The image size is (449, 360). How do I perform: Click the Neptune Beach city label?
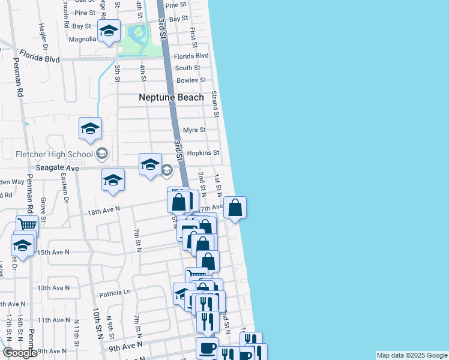coord(171,97)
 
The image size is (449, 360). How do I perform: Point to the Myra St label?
coord(194,130)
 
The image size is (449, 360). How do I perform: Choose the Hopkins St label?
coord(204,153)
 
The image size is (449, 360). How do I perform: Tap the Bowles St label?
coord(191,80)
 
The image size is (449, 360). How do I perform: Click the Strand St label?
coord(215,104)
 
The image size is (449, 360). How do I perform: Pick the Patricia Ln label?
coord(115,293)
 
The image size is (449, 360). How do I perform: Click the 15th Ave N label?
coord(54,253)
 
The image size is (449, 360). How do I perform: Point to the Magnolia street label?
coord(83,39)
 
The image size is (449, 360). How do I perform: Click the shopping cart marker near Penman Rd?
coord(27,225)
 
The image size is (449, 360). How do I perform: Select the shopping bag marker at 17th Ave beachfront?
coord(235,208)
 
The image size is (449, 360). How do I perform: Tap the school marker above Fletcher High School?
coord(90,128)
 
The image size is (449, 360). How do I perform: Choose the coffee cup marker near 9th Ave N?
coord(207,348)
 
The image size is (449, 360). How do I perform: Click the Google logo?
coord(20,353)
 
